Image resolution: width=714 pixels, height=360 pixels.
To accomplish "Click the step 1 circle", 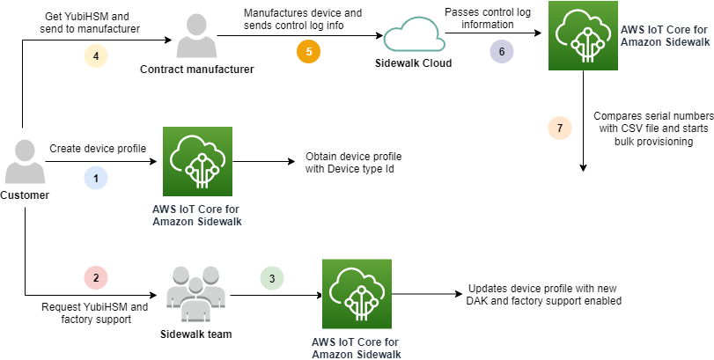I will coord(95,177).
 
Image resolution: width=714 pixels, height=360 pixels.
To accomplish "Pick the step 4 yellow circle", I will coord(95,55).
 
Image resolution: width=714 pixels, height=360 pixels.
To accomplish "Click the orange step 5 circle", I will coord(308,50).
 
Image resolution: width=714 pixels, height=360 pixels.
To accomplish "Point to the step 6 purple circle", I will coord(502,50).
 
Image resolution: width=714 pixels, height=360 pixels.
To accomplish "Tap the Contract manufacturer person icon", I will coord(196,33).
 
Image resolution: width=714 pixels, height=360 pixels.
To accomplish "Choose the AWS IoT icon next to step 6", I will coord(581,36).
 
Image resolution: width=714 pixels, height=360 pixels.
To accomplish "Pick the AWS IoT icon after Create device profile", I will coord(196,163).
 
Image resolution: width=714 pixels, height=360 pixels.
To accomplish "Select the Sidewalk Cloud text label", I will coord(412,64).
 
